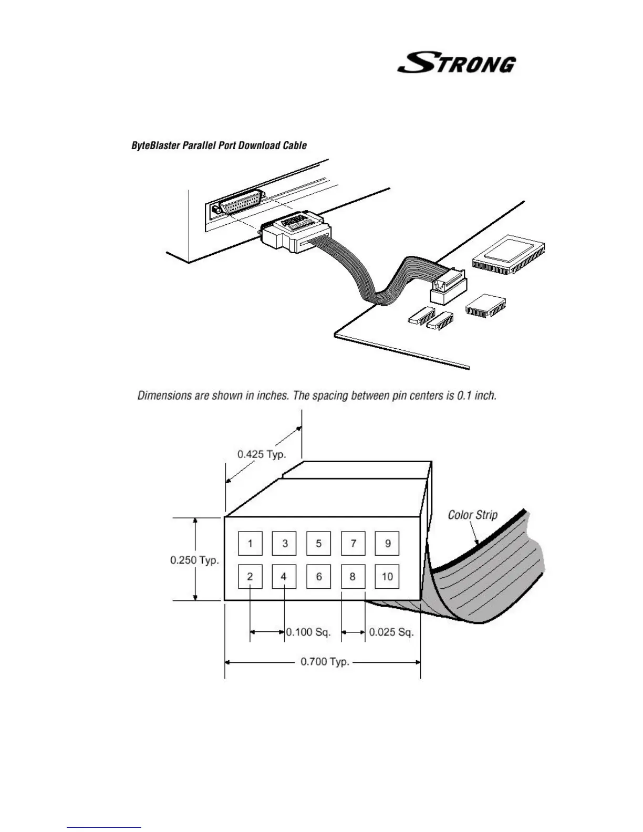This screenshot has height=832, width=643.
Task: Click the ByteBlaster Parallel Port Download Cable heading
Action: pyautogui.click(x=219, y=145)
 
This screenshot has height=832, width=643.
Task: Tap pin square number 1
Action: pyautogui.click(x=250, y=543)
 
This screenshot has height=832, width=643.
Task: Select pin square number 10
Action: pyautogui.click(x=387, y=577)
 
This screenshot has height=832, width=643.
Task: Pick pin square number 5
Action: pyautogui.click(x=318, y=543)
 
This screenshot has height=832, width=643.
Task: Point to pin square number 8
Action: pyautogui.click(x=352, y=577)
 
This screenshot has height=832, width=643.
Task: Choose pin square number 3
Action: pyautogui.click(x=284, y=543)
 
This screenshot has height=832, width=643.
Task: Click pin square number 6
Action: pyautogui.click(x=318, y=577)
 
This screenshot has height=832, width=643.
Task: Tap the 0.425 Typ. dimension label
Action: pyautogui.click(x=262, y=454)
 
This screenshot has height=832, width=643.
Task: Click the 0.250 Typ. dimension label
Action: pyautogui.click(x=194, y=560)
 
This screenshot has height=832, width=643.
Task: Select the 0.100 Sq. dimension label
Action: pyautogui.click(x=308, y=632)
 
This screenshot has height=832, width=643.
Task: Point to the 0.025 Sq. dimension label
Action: pyautogui.click(x=391, y=632)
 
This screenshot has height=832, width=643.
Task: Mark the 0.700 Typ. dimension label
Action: pyautogui.click(x=325, y=662)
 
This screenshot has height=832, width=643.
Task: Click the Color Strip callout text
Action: pyautogui.click(x=472, y=515)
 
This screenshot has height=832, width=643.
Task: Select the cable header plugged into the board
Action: pyautogui.click(x=449, y=286)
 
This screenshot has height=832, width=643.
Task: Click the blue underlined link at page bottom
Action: pyautogui.click(x=104, y=827)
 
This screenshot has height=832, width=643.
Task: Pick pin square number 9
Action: pyautogui.click(x=387, y=543)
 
